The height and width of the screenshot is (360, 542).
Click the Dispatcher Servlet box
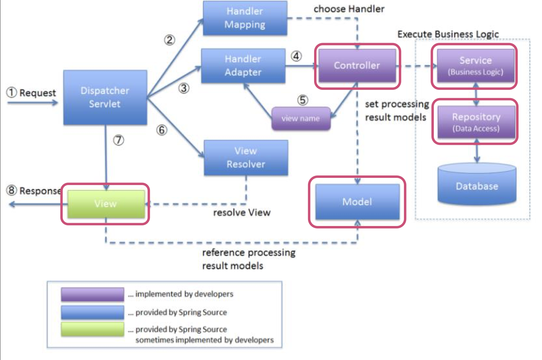(105, 97)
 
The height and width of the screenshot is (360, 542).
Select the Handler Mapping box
(245, 18)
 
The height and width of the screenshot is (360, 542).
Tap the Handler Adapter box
(243, 66)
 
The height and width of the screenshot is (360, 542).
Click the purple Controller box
(357, 65)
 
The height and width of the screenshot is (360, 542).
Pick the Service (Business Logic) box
(476, 65)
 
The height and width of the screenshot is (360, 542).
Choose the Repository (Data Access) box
(477, 122)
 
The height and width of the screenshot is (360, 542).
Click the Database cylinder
(477, 184)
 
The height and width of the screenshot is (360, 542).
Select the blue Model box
(357, 202)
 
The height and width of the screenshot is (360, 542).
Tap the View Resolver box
(246, 158)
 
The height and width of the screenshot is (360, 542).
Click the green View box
(106, 204)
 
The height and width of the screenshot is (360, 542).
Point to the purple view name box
(301, 119)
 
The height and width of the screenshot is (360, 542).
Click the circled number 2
(170, 40)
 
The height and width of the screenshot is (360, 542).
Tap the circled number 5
(303, 100)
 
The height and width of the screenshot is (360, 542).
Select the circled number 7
(119, 140)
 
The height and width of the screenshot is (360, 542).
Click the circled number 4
(296, 56)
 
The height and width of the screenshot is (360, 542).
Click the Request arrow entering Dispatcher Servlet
(33, 103)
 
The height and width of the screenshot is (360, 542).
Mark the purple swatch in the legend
(92, 294)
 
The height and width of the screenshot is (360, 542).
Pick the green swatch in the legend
(92, 329)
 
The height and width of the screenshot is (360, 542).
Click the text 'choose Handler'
(349, 9)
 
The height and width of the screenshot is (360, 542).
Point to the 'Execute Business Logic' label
(448, 34)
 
